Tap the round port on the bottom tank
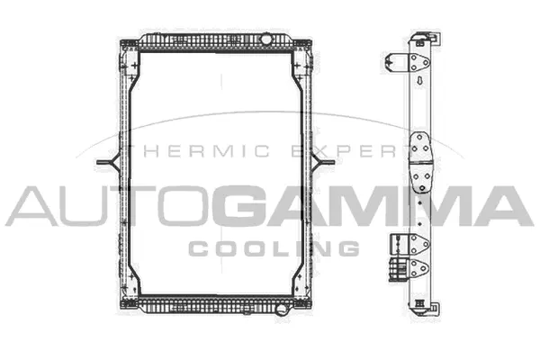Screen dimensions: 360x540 click(x=281, y=311)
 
